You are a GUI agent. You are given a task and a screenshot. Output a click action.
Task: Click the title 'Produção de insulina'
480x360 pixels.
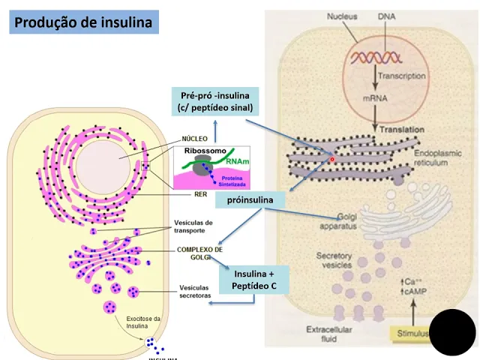pos(83,22)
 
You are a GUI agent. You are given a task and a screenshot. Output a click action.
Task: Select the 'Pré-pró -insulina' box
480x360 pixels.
pos(216,100)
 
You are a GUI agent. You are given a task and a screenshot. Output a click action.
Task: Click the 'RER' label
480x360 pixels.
pos(199,194)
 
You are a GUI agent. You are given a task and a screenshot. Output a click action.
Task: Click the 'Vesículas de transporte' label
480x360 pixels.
pos(193,226)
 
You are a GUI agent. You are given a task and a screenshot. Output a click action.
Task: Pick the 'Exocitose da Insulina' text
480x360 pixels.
pos(143,322)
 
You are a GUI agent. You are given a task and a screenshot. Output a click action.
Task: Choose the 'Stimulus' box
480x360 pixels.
pos(411,334)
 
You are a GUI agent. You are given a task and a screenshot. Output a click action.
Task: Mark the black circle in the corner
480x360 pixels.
pos(452,331)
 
